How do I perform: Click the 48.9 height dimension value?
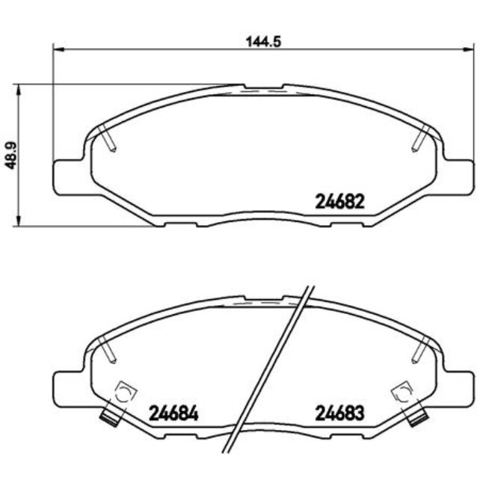pyautogui.click(x=10, y=156)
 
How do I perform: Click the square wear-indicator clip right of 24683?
pyautogui.click(x=403, y=392)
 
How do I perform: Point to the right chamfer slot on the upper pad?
pyautogui.click(x=419, y=140)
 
